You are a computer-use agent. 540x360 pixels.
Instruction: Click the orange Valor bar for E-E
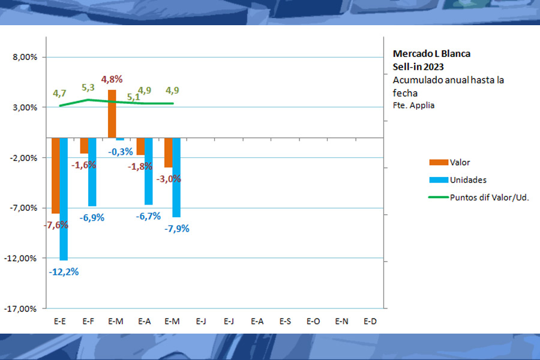55,175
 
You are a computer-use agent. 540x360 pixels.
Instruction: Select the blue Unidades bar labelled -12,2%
64,199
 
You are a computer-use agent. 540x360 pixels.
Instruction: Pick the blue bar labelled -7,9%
176,177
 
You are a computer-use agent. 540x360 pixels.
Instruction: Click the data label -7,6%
56,225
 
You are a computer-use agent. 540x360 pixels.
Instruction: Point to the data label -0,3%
121,152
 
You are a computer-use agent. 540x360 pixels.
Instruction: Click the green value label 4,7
59,93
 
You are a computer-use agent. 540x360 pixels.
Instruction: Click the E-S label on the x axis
285,322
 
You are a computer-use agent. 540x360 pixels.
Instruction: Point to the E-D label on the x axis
370,322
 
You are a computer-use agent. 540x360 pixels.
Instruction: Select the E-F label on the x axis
88,322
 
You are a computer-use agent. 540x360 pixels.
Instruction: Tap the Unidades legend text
468,180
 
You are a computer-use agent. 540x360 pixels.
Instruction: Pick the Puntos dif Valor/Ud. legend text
489,197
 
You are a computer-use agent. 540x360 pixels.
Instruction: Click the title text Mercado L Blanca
431,53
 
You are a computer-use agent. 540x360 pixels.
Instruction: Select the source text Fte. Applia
413,105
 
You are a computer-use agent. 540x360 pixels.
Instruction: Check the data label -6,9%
92,218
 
